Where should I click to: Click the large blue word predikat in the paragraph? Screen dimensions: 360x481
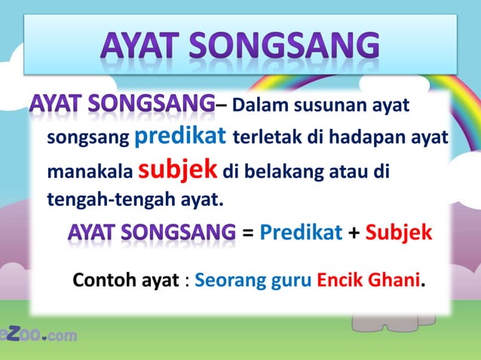(x=181, y=137)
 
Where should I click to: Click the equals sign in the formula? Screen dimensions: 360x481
(x=247, y=232)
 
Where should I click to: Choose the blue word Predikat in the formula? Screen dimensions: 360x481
(x=301, y=232)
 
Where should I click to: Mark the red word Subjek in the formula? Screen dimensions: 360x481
(x=399, y=232)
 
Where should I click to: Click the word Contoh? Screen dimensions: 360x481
(x=105, y=281)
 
